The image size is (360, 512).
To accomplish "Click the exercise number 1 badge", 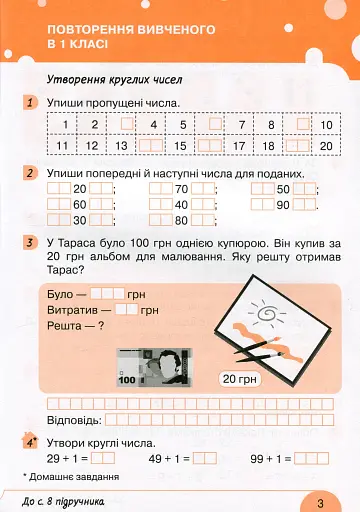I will (32, 102).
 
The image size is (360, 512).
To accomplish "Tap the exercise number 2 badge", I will (32, 173).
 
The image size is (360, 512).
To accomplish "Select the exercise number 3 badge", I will (32, 243).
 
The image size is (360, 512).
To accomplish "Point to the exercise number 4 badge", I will (32, 441).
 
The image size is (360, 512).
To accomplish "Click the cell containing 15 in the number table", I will (181, 145).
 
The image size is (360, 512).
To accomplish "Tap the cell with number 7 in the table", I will (241, 125).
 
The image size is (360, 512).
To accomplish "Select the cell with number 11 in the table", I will (62, 145).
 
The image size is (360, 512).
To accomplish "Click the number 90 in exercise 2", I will (283, 205).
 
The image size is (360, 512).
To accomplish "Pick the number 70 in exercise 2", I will (182, 189).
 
